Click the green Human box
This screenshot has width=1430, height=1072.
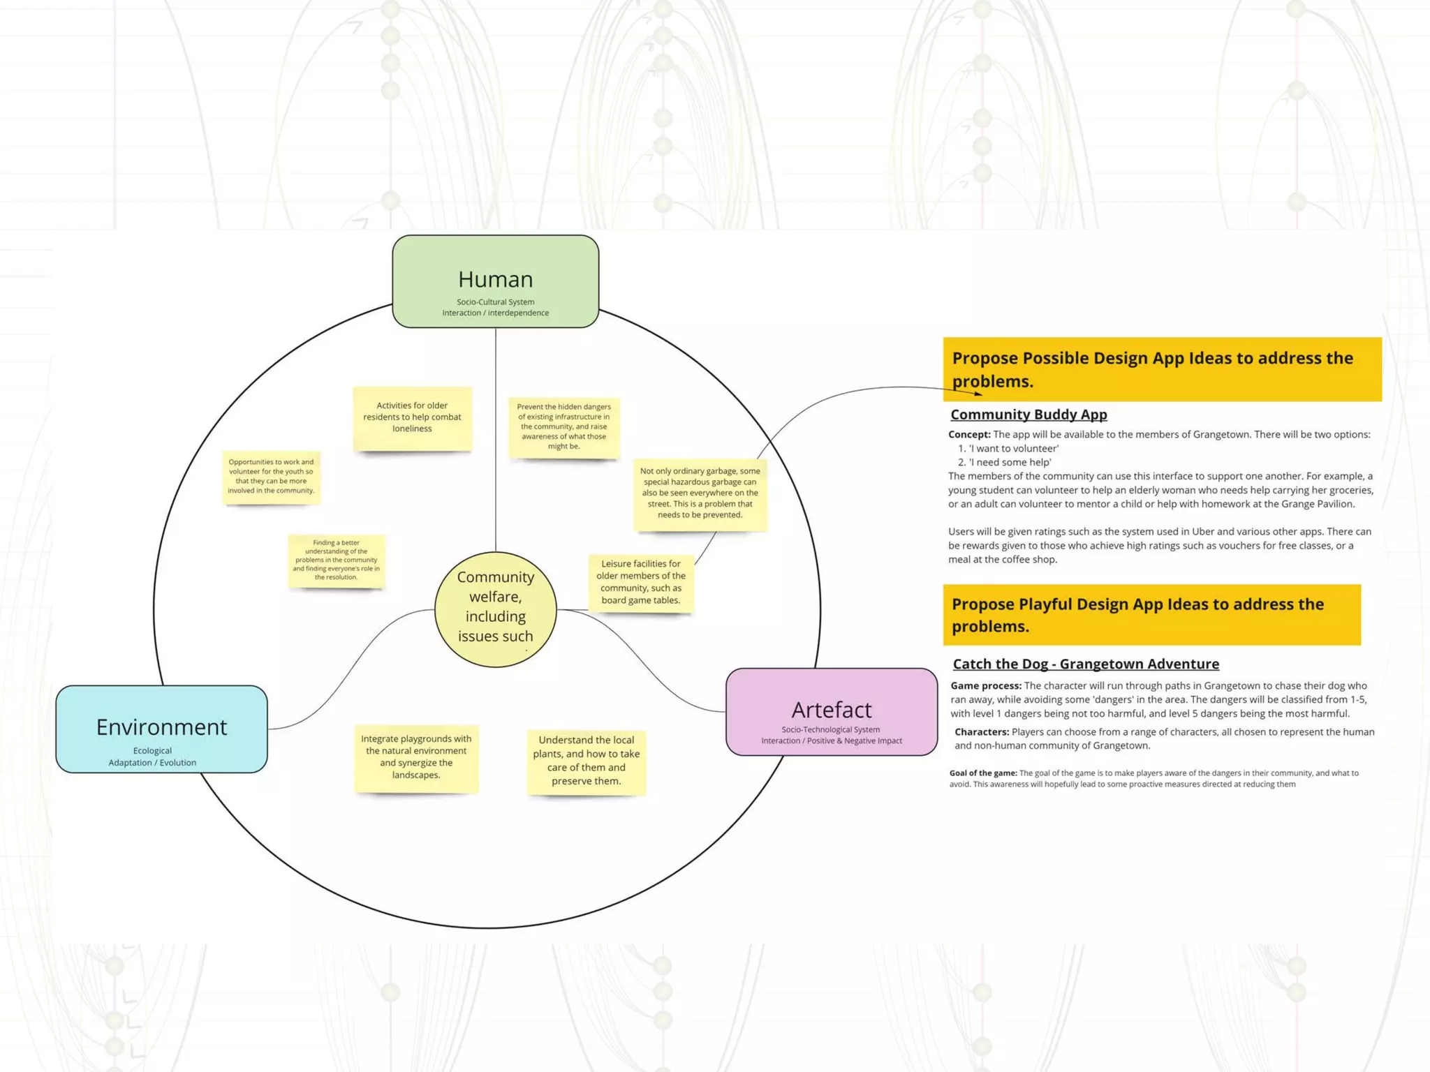coord(495,281)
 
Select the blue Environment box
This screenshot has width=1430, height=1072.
coord(161,729)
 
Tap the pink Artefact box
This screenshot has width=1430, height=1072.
coord(831,712)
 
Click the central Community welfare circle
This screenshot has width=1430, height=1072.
coord(495,609)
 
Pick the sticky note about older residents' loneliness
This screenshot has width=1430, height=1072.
coord(412,417)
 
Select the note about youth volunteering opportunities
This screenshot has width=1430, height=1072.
coord(271,477)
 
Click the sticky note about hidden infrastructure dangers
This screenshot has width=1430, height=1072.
coord(563,426)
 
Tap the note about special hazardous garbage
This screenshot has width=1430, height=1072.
coord(700,493)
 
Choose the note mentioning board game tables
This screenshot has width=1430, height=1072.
coord(640,582)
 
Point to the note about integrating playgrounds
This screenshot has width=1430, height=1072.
coord(416,757)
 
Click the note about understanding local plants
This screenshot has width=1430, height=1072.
coord(586,761)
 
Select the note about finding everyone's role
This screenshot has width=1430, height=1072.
coord(336,560)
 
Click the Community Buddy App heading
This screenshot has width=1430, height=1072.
coord(1029,415)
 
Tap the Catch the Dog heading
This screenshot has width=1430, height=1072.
coord(1086,664)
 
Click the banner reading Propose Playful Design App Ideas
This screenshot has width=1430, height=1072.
coord(1151,615)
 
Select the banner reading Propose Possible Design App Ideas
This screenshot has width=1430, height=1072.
coord(1161,369)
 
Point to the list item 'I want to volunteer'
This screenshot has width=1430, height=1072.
coord(1013,449)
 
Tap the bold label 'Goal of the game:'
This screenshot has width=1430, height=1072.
coord(982,773)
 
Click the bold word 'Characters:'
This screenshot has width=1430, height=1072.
coord(981,732)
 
